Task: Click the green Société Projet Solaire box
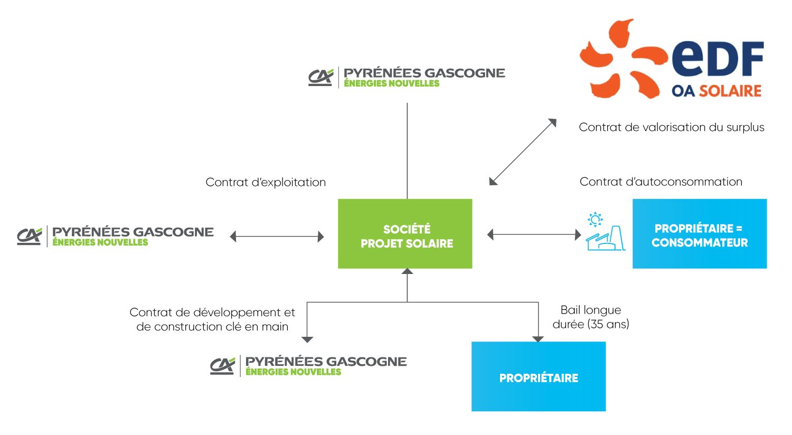405,234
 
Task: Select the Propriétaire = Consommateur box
699,234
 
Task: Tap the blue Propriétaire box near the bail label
538,376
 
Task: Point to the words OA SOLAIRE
716,91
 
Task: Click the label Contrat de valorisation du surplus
671,127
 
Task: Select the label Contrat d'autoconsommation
661,182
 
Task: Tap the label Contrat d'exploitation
266,182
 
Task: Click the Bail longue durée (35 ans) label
591,317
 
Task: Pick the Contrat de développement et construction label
212,319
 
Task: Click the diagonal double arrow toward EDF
523,152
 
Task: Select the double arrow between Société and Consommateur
534,234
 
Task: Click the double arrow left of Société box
277,237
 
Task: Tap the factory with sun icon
605,232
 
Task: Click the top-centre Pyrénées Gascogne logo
407,77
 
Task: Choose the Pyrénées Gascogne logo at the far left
115,236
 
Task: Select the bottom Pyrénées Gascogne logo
308,365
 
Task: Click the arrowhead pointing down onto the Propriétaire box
538,339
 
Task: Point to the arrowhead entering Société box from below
407,271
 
